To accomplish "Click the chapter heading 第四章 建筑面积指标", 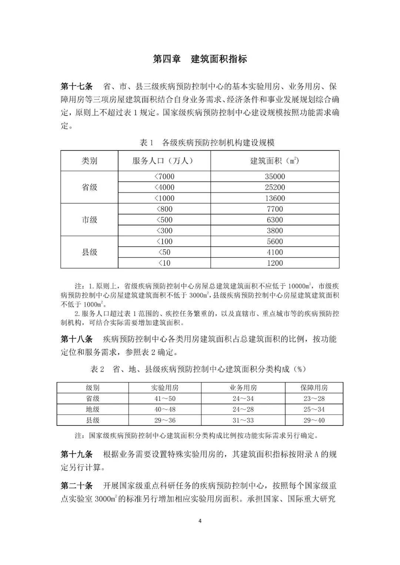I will [200, 59].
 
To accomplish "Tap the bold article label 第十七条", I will [76, 87].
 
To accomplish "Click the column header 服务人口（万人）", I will [164, 161].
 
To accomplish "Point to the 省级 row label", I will [89, 187].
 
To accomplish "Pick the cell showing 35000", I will [275, 176].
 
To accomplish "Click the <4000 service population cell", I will [164, 187].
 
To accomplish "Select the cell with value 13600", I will [275, 198].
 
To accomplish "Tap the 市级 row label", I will [89, 220].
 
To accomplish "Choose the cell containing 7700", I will [275, 209].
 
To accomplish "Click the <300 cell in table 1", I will [164, 231].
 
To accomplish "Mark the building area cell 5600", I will [275, 242].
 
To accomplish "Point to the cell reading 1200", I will [275, 263].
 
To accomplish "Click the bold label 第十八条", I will [76, 339].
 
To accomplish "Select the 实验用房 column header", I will [165, 388].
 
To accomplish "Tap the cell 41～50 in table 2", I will [165, 398].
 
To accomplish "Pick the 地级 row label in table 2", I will [93, 409].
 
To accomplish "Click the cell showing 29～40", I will [314, 420].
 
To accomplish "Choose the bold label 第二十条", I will [76, 485].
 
